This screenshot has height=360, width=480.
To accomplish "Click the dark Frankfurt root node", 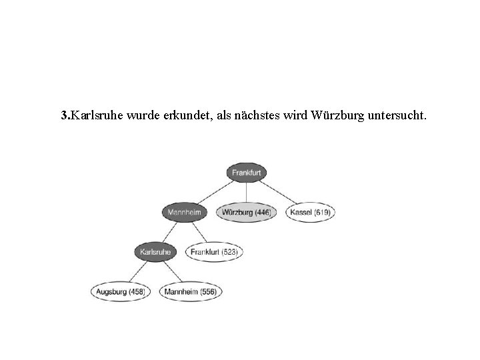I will pos(247,173).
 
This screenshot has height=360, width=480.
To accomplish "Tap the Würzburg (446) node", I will pos(246,213).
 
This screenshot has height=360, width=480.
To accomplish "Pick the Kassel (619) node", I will pos(311,213).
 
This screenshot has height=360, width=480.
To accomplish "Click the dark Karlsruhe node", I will pos(156,252).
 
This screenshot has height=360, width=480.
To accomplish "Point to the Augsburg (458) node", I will pos(121,291).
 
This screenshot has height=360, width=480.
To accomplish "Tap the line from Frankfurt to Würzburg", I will pos(247,193).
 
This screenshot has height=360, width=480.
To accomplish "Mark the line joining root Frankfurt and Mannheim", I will pos(215,193).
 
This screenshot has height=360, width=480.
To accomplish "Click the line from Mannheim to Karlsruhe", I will pos(169,233).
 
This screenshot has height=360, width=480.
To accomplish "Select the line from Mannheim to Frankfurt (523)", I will pos(197,233).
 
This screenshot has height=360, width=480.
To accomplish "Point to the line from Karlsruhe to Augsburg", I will pos(138,272).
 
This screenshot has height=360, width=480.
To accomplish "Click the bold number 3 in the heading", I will pos(63,117).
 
